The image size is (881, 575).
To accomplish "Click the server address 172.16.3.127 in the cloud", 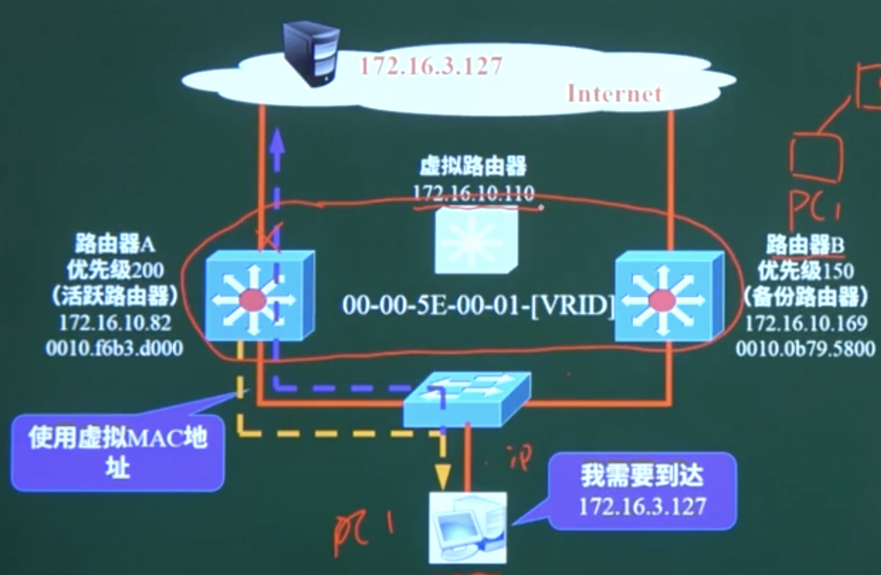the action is click(x=431, y=66).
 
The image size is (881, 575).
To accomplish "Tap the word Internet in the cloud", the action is click(x=614, y=94).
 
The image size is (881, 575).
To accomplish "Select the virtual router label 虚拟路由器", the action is click(x=473, y=167).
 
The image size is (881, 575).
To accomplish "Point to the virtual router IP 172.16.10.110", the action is click(x=474, y=193).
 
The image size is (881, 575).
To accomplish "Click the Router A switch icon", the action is click(x=259, y=297).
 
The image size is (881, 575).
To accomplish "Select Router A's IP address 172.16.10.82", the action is click(x=115, y=322).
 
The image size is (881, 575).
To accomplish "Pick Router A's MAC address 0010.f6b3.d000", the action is click(x=114, y=348).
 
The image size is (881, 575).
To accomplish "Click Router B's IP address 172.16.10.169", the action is click(x=806, y=323).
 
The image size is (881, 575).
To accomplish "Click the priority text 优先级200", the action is click(x=115, y=270).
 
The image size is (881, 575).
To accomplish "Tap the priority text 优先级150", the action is click(x=806, y=271).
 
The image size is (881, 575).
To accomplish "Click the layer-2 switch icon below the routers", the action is click(x=467, y=399).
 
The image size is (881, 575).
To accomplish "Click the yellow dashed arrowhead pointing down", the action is click(x=442, y=476).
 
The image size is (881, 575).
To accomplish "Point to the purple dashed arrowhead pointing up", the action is click(x=277, y=142).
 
